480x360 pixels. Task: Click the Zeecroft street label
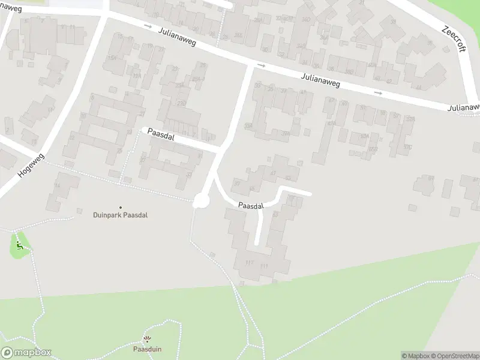click(x=454, y=38)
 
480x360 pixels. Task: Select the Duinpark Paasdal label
click(x=120, y=215)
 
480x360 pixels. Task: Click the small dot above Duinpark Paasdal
click(x=120, y=208)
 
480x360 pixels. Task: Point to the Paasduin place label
click(x=148, y=349)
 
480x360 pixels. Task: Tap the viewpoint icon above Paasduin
click(x=148, y=340)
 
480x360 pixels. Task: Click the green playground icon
click(x=20, y=245)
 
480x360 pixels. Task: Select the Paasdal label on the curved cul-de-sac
click(x=251, y=206)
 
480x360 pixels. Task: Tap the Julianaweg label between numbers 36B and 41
click(x=320, y=80)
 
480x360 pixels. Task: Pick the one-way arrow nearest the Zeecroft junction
click(x=377, y=93)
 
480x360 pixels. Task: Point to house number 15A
click(x=112, y=58)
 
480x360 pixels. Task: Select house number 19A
click(x=137, y=76)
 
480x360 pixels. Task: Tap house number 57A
click(x=410, y=119)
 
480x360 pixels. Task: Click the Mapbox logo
click(x=27, y=353)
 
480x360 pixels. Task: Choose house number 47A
click(x=331, y=124)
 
